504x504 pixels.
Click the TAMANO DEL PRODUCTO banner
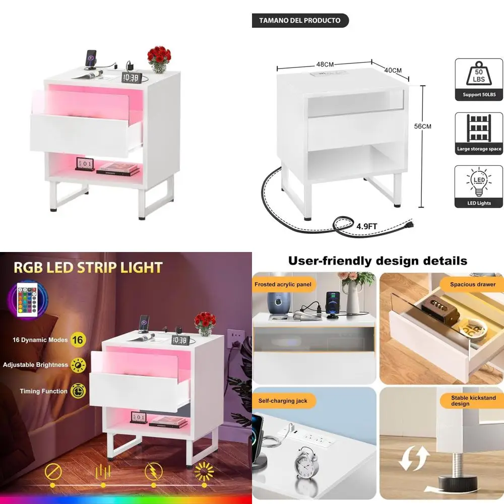[x=300, y=21]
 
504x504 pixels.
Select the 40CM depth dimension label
[x=393, y=71]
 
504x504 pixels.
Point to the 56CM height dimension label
[x=422, y=127]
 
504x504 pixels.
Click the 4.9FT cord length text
[x=366, y=226]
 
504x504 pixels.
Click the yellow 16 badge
[x=78, y=340]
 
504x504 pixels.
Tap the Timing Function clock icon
[x=78, y=392]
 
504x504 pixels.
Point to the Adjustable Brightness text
[x=35, y=364]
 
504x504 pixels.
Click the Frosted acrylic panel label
[x=283, y=284]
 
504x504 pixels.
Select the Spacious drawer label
[x=473, y=284]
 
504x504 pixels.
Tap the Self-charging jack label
[x=283, y=401]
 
